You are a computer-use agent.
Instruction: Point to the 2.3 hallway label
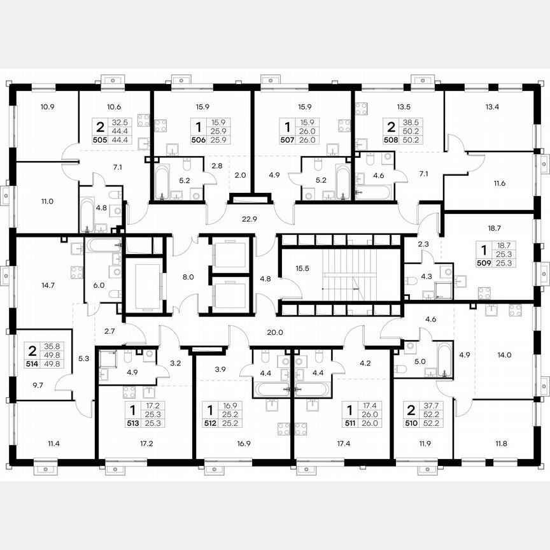click(423, 243)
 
